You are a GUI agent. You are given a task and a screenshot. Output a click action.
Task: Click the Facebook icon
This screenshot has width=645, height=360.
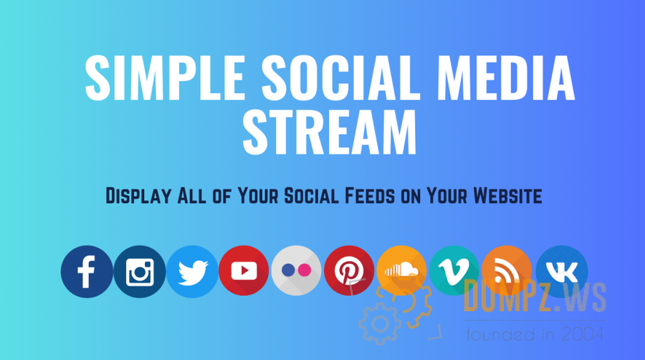point(87,272)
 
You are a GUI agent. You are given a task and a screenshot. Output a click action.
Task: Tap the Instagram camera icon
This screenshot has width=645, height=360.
point(140,272)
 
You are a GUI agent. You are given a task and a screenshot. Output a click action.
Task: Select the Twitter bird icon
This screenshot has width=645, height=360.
point(192,272)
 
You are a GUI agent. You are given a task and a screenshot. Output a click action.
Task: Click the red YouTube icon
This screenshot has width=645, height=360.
point(244,271)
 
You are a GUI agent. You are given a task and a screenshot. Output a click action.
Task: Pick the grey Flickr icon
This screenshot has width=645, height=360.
point(296,271)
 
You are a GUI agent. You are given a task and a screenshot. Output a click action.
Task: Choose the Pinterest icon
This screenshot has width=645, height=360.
point(349,271)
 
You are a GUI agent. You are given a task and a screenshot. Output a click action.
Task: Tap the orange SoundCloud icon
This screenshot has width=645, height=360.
point(401,271)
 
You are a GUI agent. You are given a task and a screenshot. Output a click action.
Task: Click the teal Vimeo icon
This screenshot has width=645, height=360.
point(454,271)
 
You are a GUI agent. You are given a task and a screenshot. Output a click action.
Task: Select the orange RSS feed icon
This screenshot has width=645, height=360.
point(507,271)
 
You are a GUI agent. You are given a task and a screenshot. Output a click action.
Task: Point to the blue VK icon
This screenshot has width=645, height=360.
point(562,272)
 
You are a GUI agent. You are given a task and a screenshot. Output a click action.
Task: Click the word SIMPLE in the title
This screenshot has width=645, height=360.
point(166,78)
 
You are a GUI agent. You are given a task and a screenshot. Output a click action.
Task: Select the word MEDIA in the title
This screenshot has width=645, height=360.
point(507,78)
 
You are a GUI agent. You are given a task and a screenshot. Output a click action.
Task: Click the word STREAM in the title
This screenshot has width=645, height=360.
point(330,132)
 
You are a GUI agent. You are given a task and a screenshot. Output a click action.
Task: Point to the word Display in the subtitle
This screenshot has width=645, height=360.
point(138,196)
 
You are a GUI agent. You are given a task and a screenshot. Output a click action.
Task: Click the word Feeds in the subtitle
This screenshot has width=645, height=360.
point(370,196)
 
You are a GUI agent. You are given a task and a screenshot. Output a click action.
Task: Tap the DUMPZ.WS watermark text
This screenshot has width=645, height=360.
point(535,296)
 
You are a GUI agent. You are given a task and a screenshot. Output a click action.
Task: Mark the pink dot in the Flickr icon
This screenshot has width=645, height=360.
point(305,270)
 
